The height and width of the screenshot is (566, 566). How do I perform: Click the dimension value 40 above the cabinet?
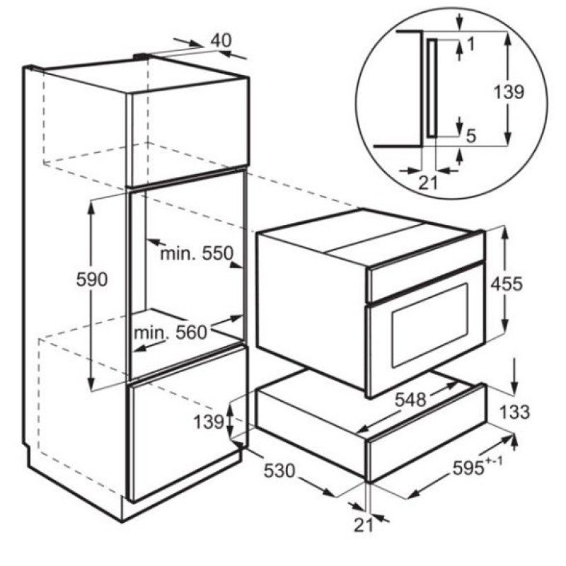click(x=221, y=41)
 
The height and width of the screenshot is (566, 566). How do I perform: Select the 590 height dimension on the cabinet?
click(x=92, y=279)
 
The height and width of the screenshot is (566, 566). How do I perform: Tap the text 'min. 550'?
click(x=197, y=253)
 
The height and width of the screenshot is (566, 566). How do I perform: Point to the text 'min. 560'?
click(x=171, y=333)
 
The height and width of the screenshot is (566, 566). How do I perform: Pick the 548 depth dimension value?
click(x=410, y=400)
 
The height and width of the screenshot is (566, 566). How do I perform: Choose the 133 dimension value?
click(x=515, y=412)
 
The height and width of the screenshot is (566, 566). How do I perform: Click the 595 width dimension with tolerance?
click(x=477, y=468)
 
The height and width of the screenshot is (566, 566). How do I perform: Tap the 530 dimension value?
click(x=279, y=470)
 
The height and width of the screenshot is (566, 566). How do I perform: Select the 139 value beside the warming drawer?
click(x=209, y=422)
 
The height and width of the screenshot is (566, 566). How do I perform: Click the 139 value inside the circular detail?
click(x=508, y=92)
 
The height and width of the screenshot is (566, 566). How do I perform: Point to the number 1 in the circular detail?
click(x=470, y=44)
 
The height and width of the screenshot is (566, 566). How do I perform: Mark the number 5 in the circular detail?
click(x=471, y=137)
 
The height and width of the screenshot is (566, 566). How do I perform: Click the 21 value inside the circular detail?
click(x=428, y=183)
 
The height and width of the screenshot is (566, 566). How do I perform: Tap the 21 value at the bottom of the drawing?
click(x=363, y=526)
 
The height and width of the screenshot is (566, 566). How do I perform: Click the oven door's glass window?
click(x=430, y=325)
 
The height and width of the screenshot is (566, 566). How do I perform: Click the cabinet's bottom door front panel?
click(x=187, y=422)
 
